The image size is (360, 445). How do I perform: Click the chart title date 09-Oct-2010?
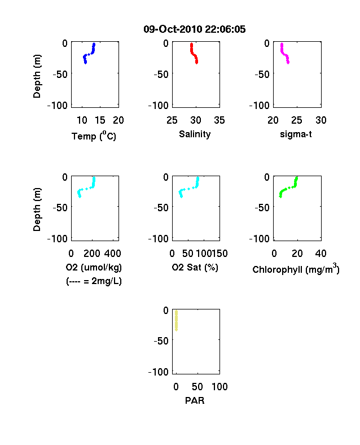(x=172, y=29)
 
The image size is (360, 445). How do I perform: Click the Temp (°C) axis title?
(x=94, y=136)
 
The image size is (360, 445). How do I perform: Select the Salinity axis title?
(x=195, y=134)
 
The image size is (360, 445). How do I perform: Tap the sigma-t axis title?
(x=296, y=134)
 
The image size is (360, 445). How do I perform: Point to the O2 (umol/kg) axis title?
(x=94, y=267)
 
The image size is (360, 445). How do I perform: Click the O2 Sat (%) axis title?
(x=195, y=267)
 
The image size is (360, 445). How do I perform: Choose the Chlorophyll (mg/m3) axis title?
(x=296, y=269)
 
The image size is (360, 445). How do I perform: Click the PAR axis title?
(x=195, y=400)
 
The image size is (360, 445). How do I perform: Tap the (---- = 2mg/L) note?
(x=94, y=281)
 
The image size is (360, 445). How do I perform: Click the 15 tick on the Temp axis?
(x=100, y=120)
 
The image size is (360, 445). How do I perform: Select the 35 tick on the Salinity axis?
(x=219, y=120)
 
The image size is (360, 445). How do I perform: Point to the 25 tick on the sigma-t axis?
(x=297, y=120)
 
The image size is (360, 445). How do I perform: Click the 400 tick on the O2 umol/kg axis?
(x=113, y=254)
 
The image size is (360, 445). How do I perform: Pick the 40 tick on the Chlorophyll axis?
(x=321, y=254)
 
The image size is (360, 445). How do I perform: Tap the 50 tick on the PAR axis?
(x=197, y=386)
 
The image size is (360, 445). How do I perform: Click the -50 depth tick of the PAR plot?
(x=161, y=341)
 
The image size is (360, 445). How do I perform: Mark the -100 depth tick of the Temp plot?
(x=57, y=105)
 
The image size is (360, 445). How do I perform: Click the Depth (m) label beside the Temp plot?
(x=37, y=76)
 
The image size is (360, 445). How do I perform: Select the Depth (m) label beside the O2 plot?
(x=37, y=210)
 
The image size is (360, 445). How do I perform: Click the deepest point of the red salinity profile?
(x=196, y=63)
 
